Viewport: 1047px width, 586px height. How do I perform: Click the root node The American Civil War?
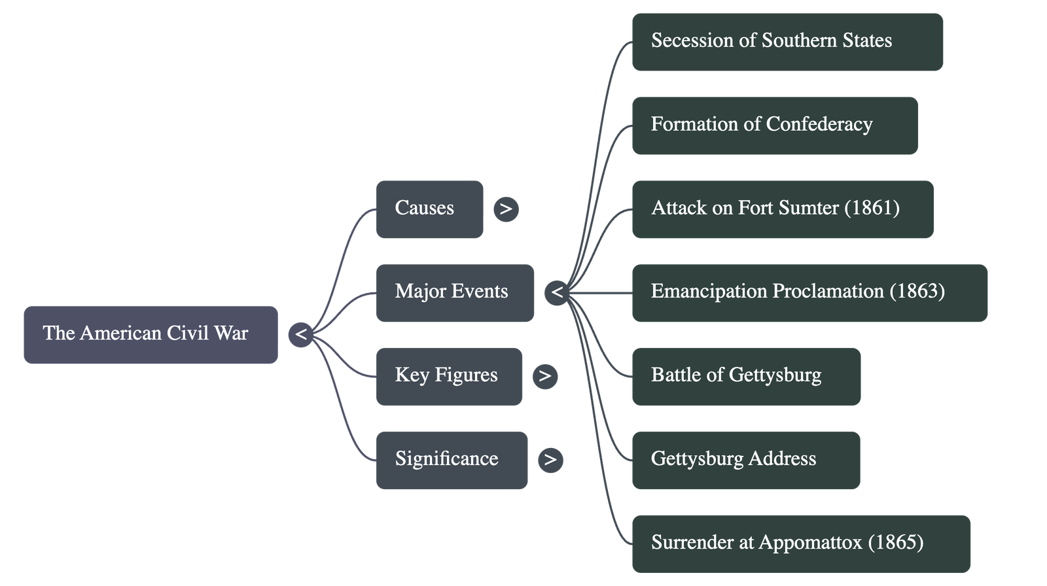[x=150, y=334]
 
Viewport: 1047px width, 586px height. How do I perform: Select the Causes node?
[x=429, y=209]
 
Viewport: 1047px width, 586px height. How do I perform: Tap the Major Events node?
[x=455, y=292]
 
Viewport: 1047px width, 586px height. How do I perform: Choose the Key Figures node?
[x=449, y=376]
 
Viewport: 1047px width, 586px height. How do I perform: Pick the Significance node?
[x=452, y=460]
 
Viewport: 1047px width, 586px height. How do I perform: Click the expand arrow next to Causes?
[x=506, y=209]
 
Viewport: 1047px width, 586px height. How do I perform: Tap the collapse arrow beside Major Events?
[x=557, y=292]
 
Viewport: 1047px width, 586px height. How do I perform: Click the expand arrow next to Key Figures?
[x=545, y=376]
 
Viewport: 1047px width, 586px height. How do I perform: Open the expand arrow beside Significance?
[x=550, y=460]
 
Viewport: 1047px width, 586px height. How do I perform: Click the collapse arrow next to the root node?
[x=300, y=335]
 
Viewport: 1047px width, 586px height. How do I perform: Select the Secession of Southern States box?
[x=787, y=42]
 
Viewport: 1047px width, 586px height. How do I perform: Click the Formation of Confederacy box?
[x=774, y=126]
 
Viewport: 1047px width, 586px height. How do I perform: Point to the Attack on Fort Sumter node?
[x=782, y=209]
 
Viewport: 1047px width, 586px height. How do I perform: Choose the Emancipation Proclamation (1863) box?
[x=809, y=292]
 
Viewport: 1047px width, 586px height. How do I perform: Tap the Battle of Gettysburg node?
[x=745, y=376]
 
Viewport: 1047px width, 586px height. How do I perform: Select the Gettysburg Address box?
[x=745, y=460]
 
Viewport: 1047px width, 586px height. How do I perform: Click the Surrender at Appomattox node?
[x=800, y=543]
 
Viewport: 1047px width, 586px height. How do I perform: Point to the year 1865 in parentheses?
[x=896, y=543]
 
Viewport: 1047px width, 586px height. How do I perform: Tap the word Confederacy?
[x=819, y=125]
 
